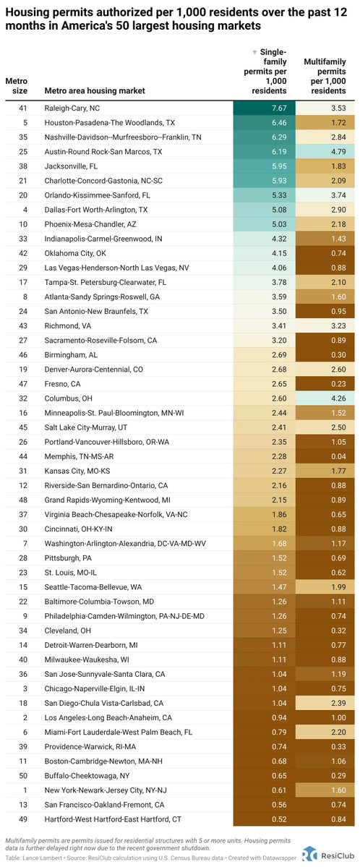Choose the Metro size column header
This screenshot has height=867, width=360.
coord(17,85)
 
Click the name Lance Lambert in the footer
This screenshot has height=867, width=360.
coord(51,858)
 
